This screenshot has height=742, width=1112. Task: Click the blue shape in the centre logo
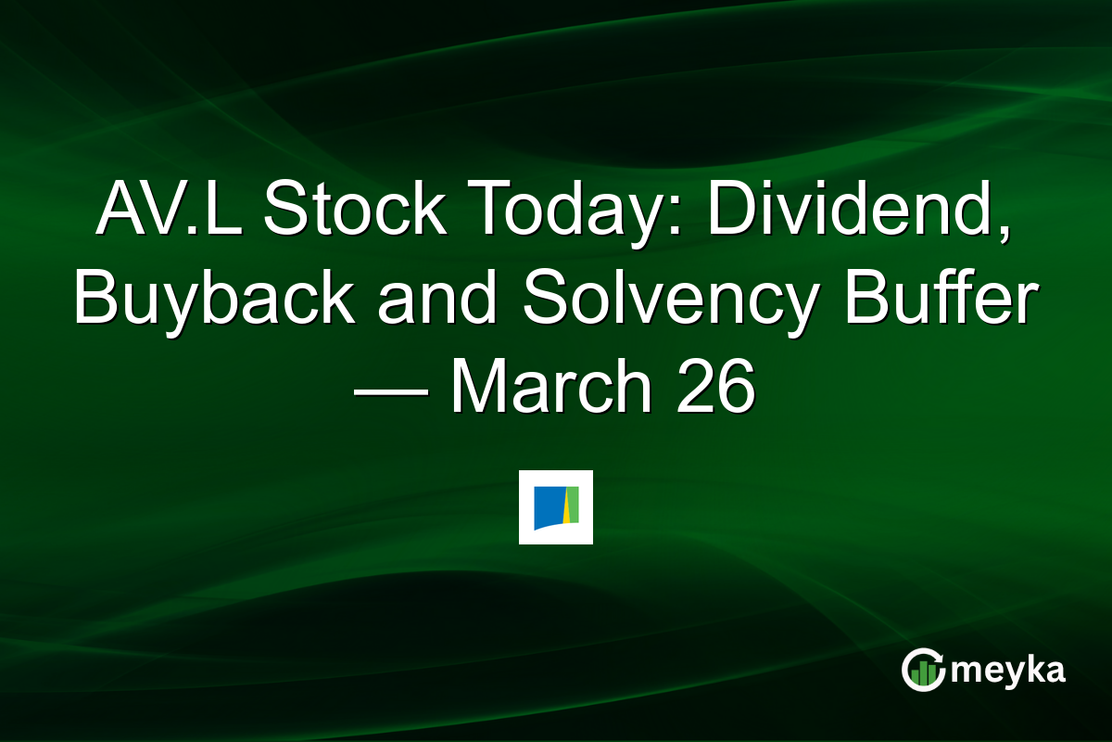547,506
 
